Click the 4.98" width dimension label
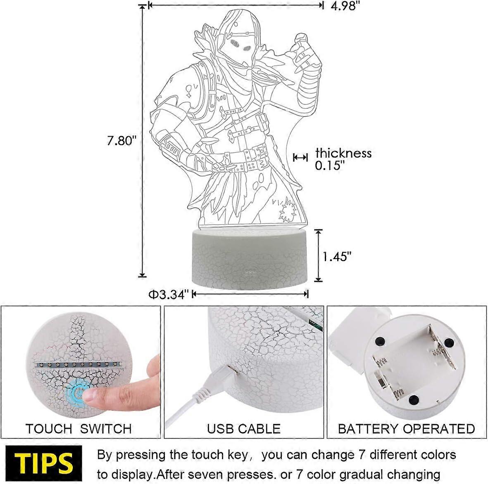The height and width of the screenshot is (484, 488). click(x=345, y=6)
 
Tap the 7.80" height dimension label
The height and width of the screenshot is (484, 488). click(x=122, y=141)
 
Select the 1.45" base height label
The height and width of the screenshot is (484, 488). click(x=337, y=257)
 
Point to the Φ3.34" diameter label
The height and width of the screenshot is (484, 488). click(x=169, y=294)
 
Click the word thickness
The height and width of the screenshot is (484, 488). click(x=344, y=153)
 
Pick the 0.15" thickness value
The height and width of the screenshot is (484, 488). click(x=330, y=165)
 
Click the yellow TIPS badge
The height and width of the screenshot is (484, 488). click(x=43, y=463)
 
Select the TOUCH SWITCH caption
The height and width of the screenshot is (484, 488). click(x=79, y=429)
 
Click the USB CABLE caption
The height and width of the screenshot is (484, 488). click(x=244, y=429)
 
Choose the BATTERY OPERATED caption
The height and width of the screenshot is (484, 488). click(x=407, y=429)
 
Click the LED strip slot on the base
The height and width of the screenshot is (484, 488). click(x=78, y=364)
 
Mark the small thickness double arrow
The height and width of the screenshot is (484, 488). click(x=300, y=157)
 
